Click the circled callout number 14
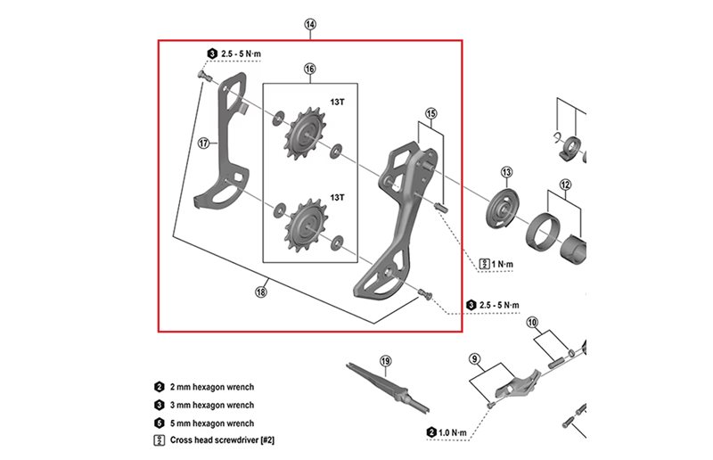310,25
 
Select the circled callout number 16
309,70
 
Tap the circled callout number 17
204,143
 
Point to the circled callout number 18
261,291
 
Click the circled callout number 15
430,114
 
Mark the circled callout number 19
385,361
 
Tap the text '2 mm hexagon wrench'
214,387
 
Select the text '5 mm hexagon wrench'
214,423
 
